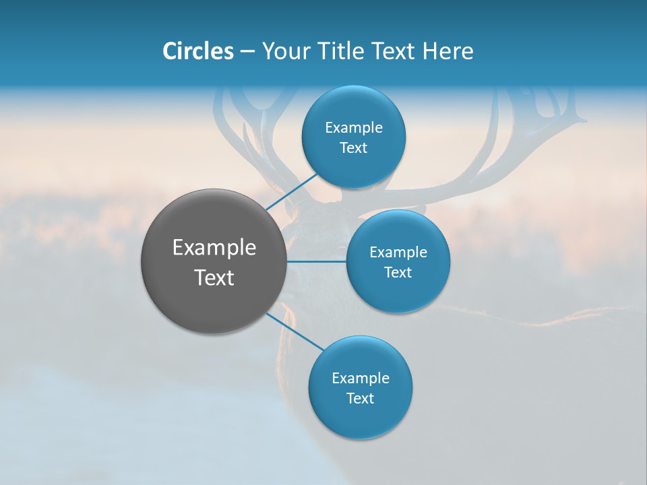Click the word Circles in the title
[x=197, y=51]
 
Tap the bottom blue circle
[x=360, y=418]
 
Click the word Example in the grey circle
[x=214, y=248]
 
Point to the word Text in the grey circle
[x=214, y=278]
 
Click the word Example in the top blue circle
[x=353, y=128]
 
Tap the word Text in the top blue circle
[x=353, y=148]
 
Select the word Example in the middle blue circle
[x=398, y=253]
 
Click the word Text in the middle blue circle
[x=398, y=273]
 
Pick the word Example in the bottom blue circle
[x=360, y=379]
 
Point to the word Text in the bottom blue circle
[x=360, y=399]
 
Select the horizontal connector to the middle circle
[x=317, y=261]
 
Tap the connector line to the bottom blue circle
[x=297, y=331]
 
